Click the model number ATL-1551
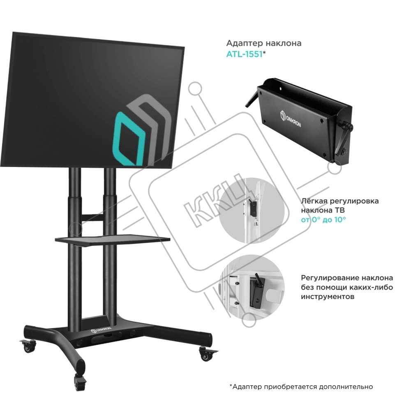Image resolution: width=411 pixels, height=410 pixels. click(x=244, y=54)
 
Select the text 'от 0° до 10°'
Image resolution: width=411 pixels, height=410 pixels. click(x=323, y=220)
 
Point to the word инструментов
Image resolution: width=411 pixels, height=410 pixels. click(x=328, y=296)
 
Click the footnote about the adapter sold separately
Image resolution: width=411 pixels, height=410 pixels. click(x=301, y=387)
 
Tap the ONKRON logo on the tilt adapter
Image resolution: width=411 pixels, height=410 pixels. click(x=290, y=118)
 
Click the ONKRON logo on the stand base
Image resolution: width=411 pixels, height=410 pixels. click(x=101, y=329)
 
